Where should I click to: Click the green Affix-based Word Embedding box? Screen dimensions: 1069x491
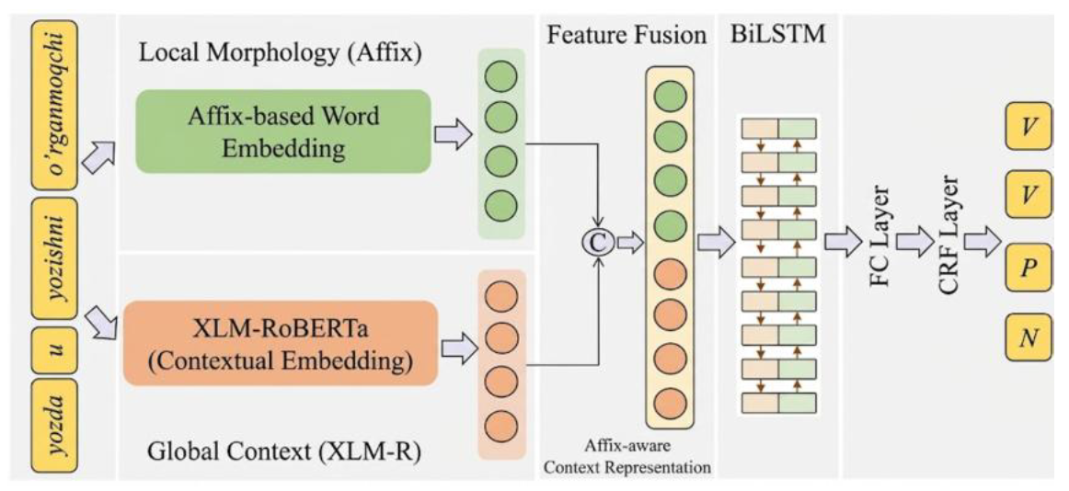[283, 132]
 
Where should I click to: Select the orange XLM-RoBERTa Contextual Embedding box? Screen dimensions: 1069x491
[280, 343]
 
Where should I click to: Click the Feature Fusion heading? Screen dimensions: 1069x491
[626, 35]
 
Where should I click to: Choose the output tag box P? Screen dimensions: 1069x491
[1029, 268]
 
